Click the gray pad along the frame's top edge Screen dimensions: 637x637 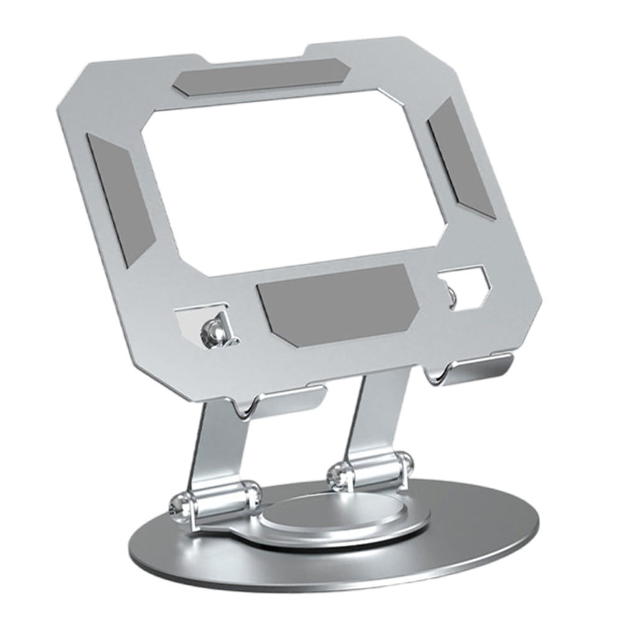(256, 78)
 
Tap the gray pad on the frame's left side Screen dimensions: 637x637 (121, 199)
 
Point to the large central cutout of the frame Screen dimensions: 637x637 (292, 180)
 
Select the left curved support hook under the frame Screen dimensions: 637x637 (280, 401)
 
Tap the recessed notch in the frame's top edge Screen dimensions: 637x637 (256, 55)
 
